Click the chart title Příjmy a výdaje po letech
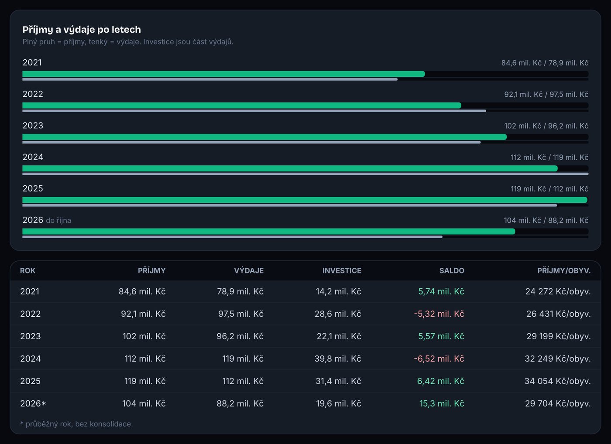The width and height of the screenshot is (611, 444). [x=82, y=29]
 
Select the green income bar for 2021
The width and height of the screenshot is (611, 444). [x=223, y=74]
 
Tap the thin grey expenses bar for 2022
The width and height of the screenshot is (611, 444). [x=254, y=111]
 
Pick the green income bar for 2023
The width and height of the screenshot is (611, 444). [x=264, y=137]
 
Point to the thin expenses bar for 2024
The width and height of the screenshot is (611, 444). [x=305, y=174]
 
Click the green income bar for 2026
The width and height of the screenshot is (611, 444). [x=269, y=232]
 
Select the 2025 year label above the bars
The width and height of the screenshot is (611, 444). [x=33, y=188]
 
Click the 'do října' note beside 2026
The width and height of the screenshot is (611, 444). [x=58, y=220]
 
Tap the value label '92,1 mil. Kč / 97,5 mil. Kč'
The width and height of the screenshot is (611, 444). [x=546, y=94]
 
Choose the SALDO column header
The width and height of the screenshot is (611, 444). [x=452, y=271]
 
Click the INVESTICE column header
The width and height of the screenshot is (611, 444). [x=342, y=271]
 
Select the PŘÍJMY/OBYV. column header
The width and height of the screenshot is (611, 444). [x=564, y=271]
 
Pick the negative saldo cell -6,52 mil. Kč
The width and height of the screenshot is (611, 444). [x=439, y=359]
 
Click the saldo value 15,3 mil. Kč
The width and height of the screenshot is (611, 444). [x=442, y=403]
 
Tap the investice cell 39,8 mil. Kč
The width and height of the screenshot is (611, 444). [x=338, y=359]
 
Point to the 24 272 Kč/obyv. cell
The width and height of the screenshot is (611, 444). [x=558, y=291]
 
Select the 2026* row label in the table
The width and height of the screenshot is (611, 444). [x=33, y=403]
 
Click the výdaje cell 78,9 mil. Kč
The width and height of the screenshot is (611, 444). [x=240, y=291]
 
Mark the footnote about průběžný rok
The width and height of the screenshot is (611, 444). [x=76, y=424]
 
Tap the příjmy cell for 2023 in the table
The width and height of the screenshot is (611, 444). [x=144, y=336]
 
